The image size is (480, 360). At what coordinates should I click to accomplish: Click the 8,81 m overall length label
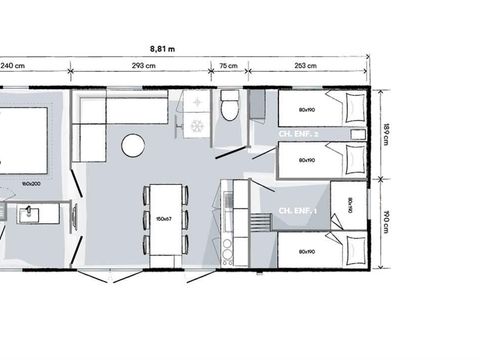click(x=162, y=47)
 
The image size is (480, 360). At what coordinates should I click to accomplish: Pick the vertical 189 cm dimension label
click(x=386, y=133)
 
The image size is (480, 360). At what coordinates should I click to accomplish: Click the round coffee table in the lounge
click(x=133, y=146)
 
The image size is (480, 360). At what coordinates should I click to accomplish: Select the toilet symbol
click(x=229, y=105)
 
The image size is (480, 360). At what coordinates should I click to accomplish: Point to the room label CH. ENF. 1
click(x=298, y=211)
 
